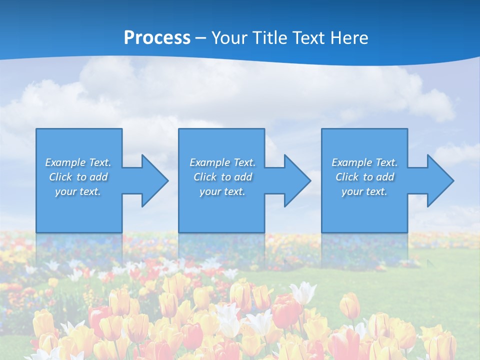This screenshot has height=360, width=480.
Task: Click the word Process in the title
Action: (x=157, y=38)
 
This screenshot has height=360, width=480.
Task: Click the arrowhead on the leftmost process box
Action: (x=152, y=180)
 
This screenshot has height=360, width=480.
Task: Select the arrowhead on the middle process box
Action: (x=295, y=180)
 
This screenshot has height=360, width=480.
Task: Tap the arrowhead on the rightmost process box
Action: (x=438, y=180)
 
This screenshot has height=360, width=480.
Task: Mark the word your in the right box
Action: (x=352, y=191)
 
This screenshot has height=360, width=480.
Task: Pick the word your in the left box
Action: (x=66, y=191)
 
